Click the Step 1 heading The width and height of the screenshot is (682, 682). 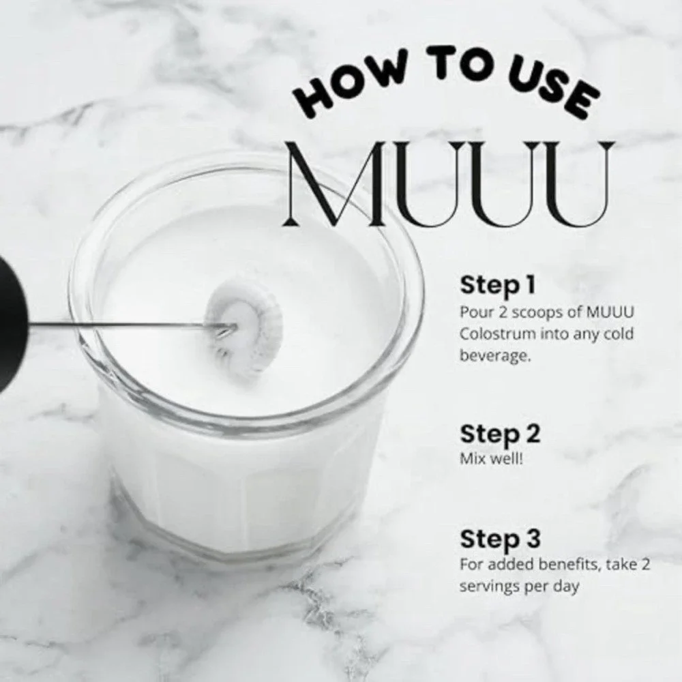(x=497, y=285)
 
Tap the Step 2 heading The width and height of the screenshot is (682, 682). (x=499, y=434)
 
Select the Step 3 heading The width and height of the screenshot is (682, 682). (x=500, y=539)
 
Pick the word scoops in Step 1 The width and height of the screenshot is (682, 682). (x=520, y=312)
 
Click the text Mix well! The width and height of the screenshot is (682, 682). (x=492, y=458)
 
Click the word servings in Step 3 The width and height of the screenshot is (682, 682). (x=488, y=587)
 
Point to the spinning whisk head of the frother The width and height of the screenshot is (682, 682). (x=244, y=326)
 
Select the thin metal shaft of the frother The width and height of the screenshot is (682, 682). (x=123, y=323)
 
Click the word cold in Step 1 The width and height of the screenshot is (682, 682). (x=619, y=334)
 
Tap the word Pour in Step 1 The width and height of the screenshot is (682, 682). (x=472, y=312)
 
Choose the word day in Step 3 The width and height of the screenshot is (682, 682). (x=567, y=587)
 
